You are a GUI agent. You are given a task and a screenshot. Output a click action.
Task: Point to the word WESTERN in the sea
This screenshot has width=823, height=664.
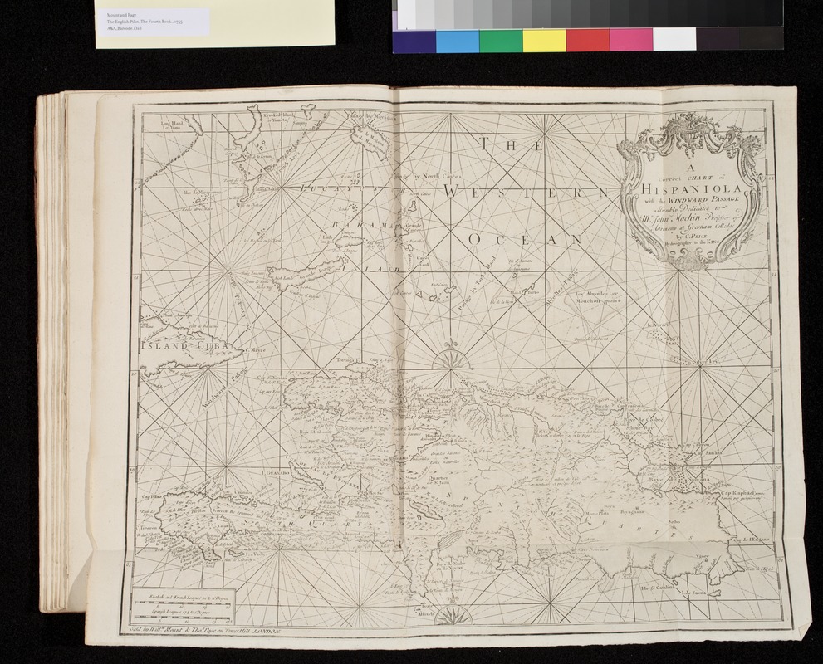532,193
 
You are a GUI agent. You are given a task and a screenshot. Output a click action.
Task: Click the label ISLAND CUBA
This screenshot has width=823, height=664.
177,349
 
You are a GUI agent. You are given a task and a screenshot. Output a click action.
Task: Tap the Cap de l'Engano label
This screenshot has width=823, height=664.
752,540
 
